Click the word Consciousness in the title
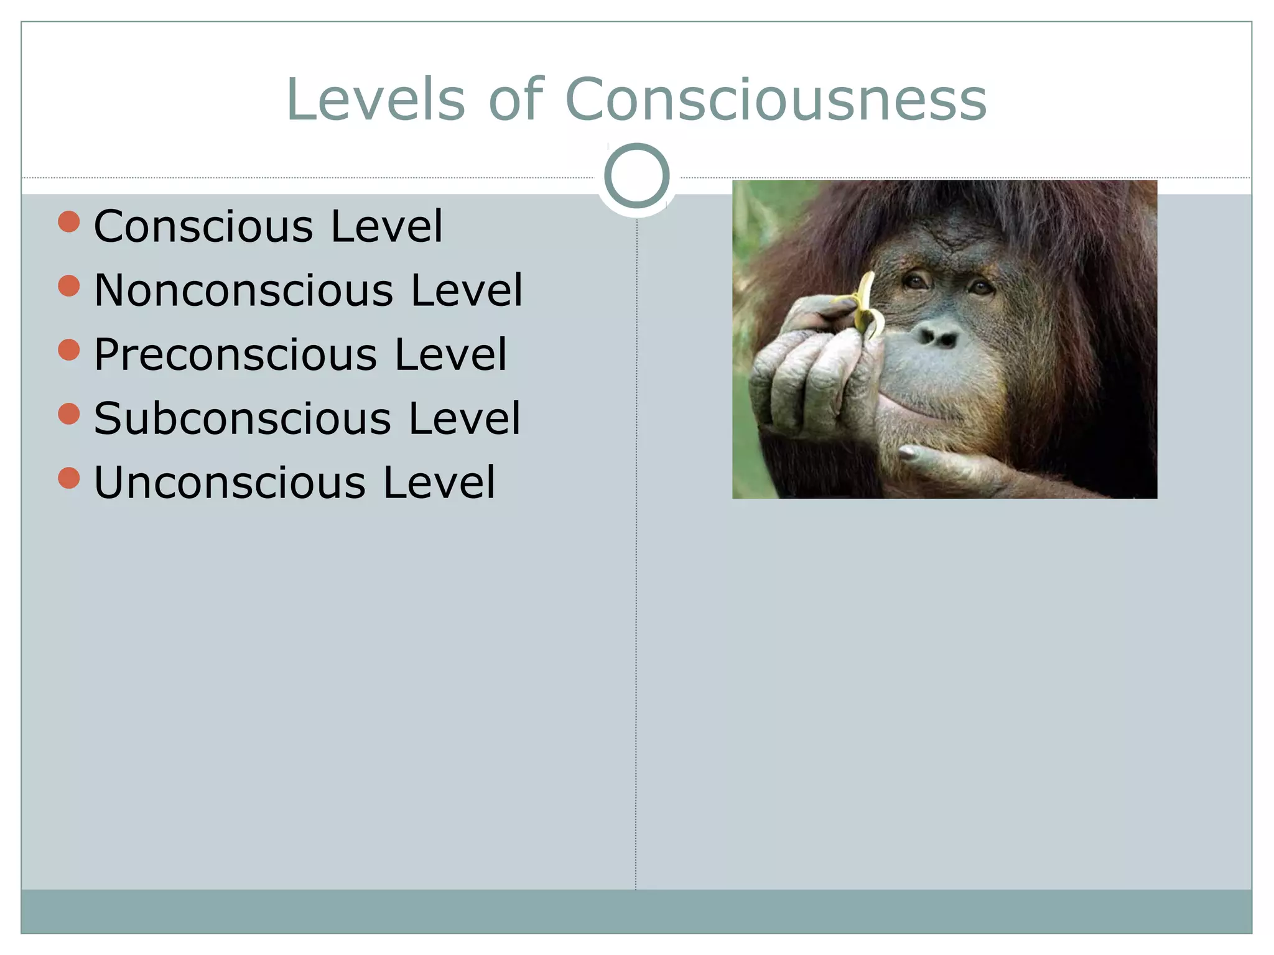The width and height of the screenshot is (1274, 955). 775,99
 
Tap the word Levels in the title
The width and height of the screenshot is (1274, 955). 375,99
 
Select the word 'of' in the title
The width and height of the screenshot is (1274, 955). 516,99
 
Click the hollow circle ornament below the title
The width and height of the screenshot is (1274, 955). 636,175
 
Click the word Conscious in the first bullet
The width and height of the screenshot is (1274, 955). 203,226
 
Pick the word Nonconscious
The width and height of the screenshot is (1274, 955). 244,290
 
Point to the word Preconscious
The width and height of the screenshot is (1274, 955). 235,354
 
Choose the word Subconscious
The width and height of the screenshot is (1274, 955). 243,418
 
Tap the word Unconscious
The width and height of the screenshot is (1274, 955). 230,482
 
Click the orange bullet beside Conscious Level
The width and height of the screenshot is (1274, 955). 69,222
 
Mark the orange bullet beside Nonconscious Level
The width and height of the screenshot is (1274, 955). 69,286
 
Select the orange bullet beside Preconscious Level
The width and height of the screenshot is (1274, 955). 69,350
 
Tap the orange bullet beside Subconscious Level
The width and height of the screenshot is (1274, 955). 69,414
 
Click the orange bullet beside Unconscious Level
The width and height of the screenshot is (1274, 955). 69,478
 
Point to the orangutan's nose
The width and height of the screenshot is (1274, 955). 940,336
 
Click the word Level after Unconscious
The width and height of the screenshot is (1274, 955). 439,482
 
